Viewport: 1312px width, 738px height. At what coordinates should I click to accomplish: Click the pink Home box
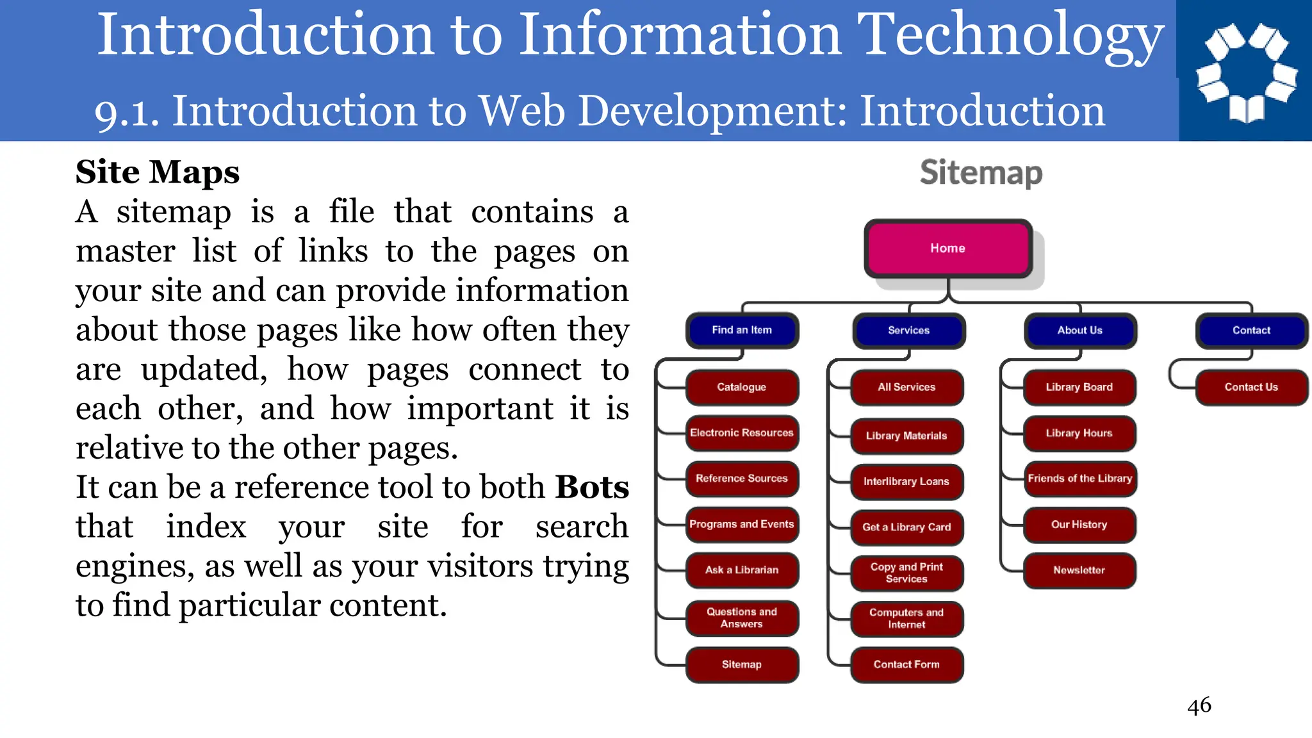click(x=947, y=249)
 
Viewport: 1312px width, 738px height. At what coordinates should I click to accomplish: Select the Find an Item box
click(x=742, y=330)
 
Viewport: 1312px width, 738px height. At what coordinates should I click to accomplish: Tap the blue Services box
click(x=908, y=331)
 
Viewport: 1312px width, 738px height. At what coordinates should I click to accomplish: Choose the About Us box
click(x=1080, y=331)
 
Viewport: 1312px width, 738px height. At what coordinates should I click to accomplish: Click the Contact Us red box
click(x=1250, y=387)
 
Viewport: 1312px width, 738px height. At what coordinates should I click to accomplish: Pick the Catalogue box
click(x=742, y=387)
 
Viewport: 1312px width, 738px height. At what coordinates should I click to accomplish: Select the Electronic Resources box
click(x=742, y=433)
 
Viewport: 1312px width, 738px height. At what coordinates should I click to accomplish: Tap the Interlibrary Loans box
click(x=906, y=482)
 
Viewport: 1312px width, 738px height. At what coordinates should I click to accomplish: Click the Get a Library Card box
click(x=906, y=527)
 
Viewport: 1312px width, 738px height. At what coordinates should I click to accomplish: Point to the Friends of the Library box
click(x=1080, y=479)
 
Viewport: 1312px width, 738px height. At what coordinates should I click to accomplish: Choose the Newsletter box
click(x=1079, y=570)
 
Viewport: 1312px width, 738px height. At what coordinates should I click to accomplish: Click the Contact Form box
click(x=906, y=664)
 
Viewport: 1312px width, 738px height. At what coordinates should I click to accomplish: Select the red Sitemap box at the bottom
click(x=742, y=664)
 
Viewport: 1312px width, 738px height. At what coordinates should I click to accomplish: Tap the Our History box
click(x=1079, y=525)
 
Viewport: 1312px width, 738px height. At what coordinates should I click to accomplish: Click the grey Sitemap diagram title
click(x=981, y=173)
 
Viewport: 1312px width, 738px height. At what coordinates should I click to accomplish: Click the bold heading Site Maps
click(x=158, y=172)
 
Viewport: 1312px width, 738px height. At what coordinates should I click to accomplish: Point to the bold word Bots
click(x=592, y=487)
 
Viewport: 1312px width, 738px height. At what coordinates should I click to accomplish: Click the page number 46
click(x=1199, y=705)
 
